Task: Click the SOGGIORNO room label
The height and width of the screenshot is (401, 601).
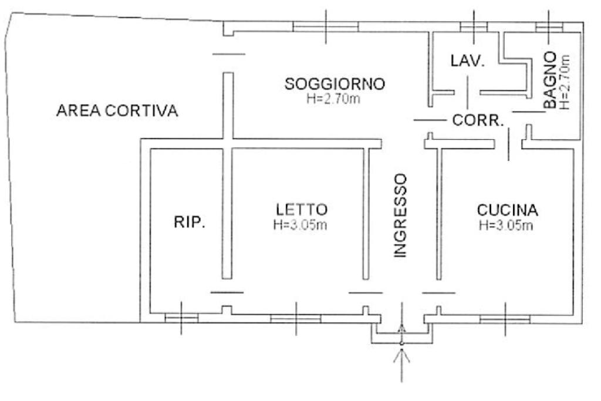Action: [x=335, y=83]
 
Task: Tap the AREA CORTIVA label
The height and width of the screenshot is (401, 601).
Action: [x=117, y=110]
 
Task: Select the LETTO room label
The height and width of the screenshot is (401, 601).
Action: [x=302, y=210]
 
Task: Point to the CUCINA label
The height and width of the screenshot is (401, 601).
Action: [x=507, y=210]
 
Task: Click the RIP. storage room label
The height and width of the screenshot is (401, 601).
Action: [x=190, y=222]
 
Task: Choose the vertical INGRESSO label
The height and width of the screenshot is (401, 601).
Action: [x=400, y=216]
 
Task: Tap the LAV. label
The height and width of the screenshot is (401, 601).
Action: [x=467, y=61]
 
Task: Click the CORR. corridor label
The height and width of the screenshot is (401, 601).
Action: [x=478, y=120]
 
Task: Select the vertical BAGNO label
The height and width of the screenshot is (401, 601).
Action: [x=550, y=80]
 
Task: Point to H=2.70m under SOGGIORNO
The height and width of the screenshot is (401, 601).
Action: [x=333, y=99]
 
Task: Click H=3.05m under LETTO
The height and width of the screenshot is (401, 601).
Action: [x=300, y=225]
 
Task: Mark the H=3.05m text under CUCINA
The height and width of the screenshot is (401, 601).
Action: [x=506, y=225]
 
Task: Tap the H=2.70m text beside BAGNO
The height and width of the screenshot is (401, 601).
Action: [x=565, y=82]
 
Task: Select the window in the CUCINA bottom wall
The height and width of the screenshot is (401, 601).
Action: [x=505, y=319]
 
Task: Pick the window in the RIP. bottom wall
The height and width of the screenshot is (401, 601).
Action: [x=181, y=318]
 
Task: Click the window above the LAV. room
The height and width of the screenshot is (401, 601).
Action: [x=474, y=26]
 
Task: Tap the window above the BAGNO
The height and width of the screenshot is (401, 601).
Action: [x=549, y=27]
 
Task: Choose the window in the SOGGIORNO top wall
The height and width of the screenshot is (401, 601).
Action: [x=325, y=26]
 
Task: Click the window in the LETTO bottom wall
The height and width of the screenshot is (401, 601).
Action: [x=296, y=319]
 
